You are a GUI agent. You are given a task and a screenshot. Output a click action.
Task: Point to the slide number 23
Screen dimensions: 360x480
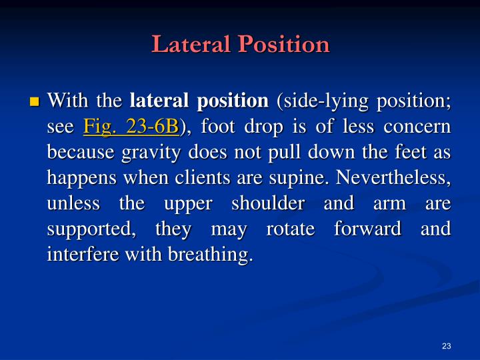[447, 345]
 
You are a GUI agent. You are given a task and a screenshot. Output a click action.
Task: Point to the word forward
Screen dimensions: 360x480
[360, 228]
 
